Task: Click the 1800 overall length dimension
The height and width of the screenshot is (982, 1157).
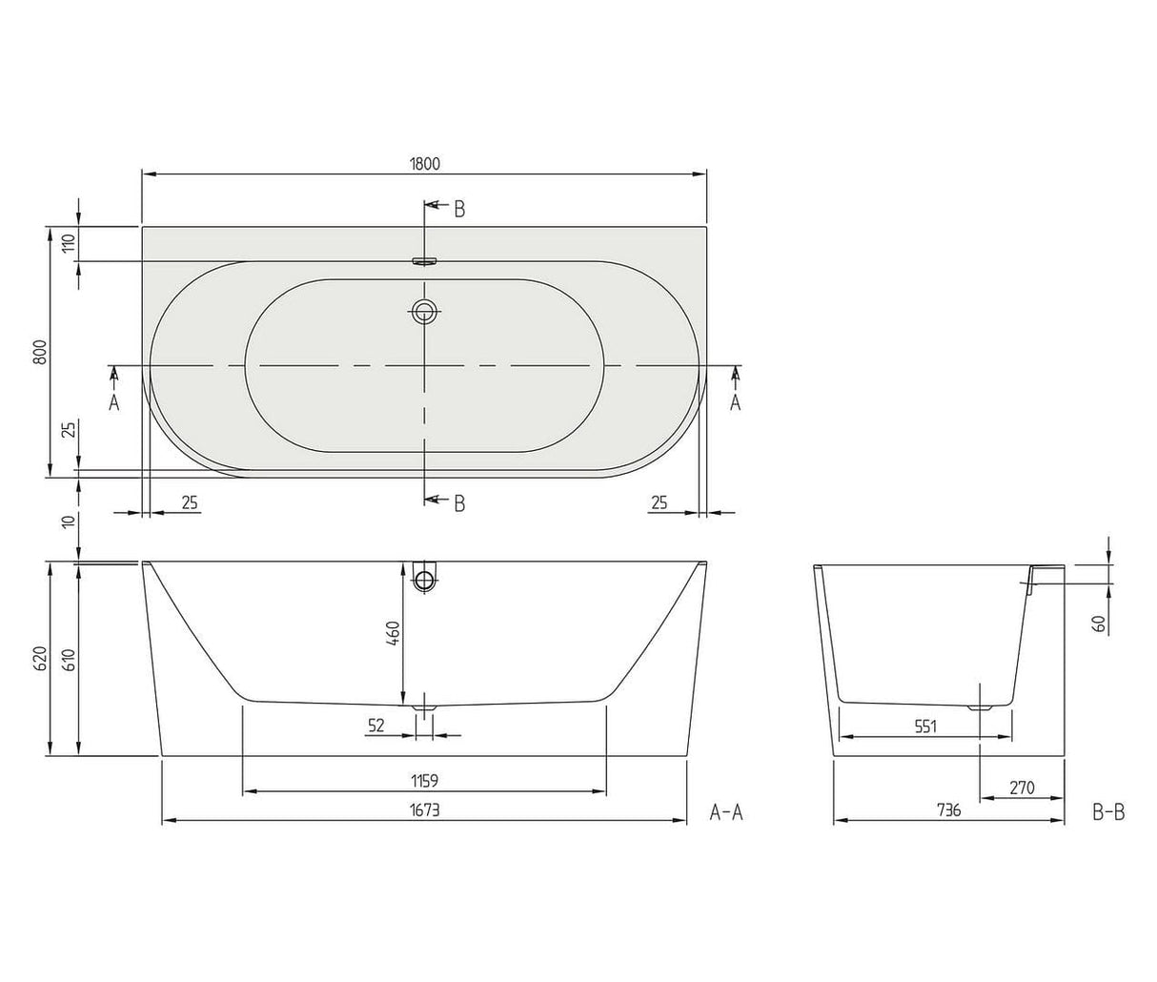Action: point(425,163)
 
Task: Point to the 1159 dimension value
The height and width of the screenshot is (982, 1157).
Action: point(424,781)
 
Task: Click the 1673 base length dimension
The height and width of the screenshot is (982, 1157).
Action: point(424,809)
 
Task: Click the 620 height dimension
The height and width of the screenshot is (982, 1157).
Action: point(39,660)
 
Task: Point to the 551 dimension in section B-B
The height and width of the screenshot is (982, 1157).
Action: point(925,726)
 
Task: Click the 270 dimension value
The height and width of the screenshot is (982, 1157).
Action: point(1021,788)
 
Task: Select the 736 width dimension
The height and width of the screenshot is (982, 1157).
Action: point(948,810)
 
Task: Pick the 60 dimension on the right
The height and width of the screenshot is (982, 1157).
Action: point(1099,625)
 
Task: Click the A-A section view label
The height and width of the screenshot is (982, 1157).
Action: point(726,811)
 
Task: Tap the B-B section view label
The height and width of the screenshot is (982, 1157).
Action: point(1108,811)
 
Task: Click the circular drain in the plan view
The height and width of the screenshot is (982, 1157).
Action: point(424,310)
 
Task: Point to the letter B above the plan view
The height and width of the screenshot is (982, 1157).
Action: point(459,210)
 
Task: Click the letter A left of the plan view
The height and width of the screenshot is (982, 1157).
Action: point(113,402)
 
